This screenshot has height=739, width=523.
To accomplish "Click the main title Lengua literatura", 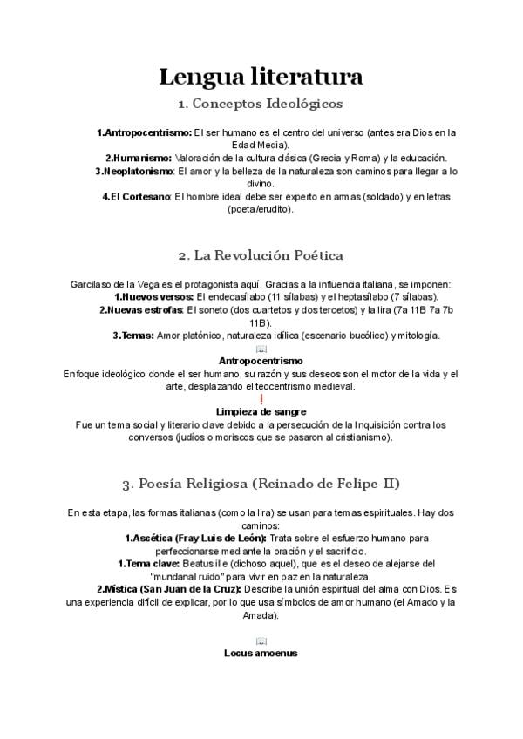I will [261, 77].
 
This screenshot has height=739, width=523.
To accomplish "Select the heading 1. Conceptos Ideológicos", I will [261, 104].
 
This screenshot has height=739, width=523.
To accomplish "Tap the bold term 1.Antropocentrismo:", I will [144, 132].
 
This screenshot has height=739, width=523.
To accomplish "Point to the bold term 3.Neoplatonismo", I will [134, 171].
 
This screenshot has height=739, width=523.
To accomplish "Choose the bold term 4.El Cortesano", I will [137, 197].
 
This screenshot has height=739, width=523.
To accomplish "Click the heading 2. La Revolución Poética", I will [261, 255].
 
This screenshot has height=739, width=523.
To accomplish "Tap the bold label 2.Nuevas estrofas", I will [140, 309].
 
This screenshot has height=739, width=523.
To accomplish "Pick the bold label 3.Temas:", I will [133, 335].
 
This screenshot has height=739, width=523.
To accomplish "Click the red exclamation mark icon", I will [261, 398].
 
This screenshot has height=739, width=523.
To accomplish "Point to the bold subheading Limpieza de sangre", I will [261, 411].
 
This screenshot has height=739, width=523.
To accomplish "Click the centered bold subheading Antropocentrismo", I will [261, 360].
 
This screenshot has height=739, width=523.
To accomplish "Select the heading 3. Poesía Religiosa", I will [261, 483].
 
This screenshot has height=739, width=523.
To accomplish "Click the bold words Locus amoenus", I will [261, 652].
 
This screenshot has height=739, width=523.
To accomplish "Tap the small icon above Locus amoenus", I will [261, 641].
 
